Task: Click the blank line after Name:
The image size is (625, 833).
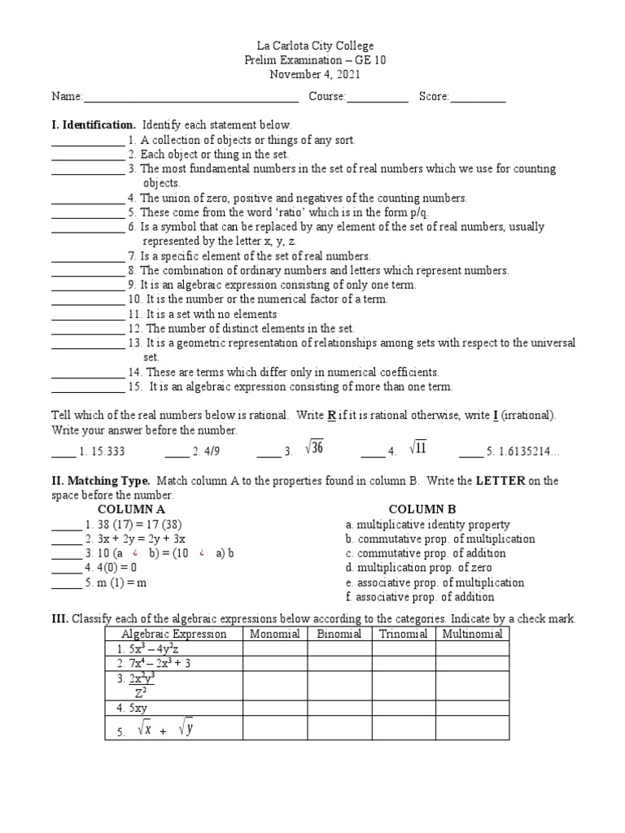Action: (190, 98)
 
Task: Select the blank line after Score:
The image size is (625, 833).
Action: (478, 98)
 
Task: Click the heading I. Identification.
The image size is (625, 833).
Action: (94, 125)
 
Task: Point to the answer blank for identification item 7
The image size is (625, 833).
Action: (88, 256)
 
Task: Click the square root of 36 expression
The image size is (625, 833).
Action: (314, 448)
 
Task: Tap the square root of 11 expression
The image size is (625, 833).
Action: (417, 448)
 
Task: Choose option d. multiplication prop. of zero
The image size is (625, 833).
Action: (418, 568)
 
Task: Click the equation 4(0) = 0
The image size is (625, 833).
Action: (111, 568)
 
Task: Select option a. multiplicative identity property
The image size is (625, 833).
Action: (427, 525)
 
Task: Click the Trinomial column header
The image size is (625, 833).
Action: (403, 634)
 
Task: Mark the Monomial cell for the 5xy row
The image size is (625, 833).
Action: (275, 708)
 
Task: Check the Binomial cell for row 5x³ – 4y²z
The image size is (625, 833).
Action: (339, 648)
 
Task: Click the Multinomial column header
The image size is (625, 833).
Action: (472, 634)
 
